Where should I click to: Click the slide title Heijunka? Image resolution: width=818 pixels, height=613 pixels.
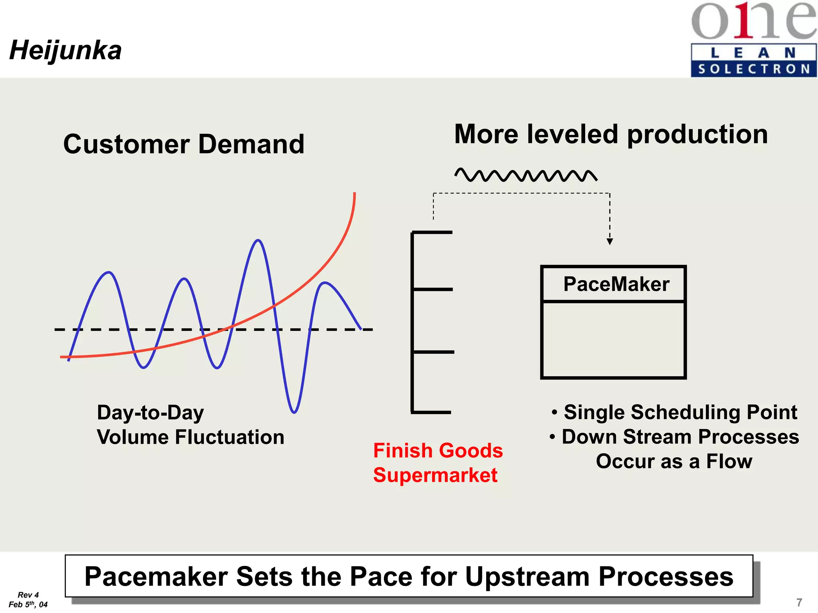tap(66, 51)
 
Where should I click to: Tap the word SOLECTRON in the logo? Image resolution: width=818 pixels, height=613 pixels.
tap(754, 69)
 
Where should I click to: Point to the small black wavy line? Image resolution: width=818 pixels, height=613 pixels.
tap(526, 175)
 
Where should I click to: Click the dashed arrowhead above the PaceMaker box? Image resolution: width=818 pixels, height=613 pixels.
tap(610, 241)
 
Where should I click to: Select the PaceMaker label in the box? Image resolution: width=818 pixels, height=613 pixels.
tap(616, 284)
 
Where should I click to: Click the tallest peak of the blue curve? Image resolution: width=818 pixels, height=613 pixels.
tap(258, 241)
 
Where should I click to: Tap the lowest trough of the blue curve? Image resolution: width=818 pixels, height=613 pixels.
tap(294, 411)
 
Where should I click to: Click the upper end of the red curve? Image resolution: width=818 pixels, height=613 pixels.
tap(354, 194)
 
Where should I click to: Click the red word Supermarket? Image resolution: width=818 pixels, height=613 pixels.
tap(435, 475)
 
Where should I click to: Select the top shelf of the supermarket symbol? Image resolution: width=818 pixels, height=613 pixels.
tap(432, 232)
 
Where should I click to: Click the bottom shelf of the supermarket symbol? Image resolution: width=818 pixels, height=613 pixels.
tap(431, 412)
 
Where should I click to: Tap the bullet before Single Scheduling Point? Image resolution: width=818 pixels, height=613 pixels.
tap(554, 412)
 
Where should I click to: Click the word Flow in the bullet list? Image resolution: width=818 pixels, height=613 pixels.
tap(729, 461)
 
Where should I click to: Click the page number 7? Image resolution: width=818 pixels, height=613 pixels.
tap(799, 602)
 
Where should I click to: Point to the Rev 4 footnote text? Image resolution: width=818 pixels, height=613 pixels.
tap(28, 595)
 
